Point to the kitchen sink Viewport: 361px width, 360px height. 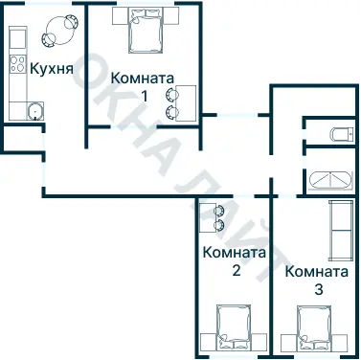point(34,110)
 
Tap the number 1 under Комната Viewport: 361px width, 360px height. point(144,95)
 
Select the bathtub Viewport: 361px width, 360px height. point(331,179)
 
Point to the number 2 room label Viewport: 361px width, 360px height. point(235,270)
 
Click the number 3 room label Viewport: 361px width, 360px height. point(317,287)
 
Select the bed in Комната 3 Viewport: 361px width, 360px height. point(316,330)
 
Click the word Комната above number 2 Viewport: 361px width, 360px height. point(235,254)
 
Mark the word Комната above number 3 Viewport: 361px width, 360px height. point(317,271)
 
